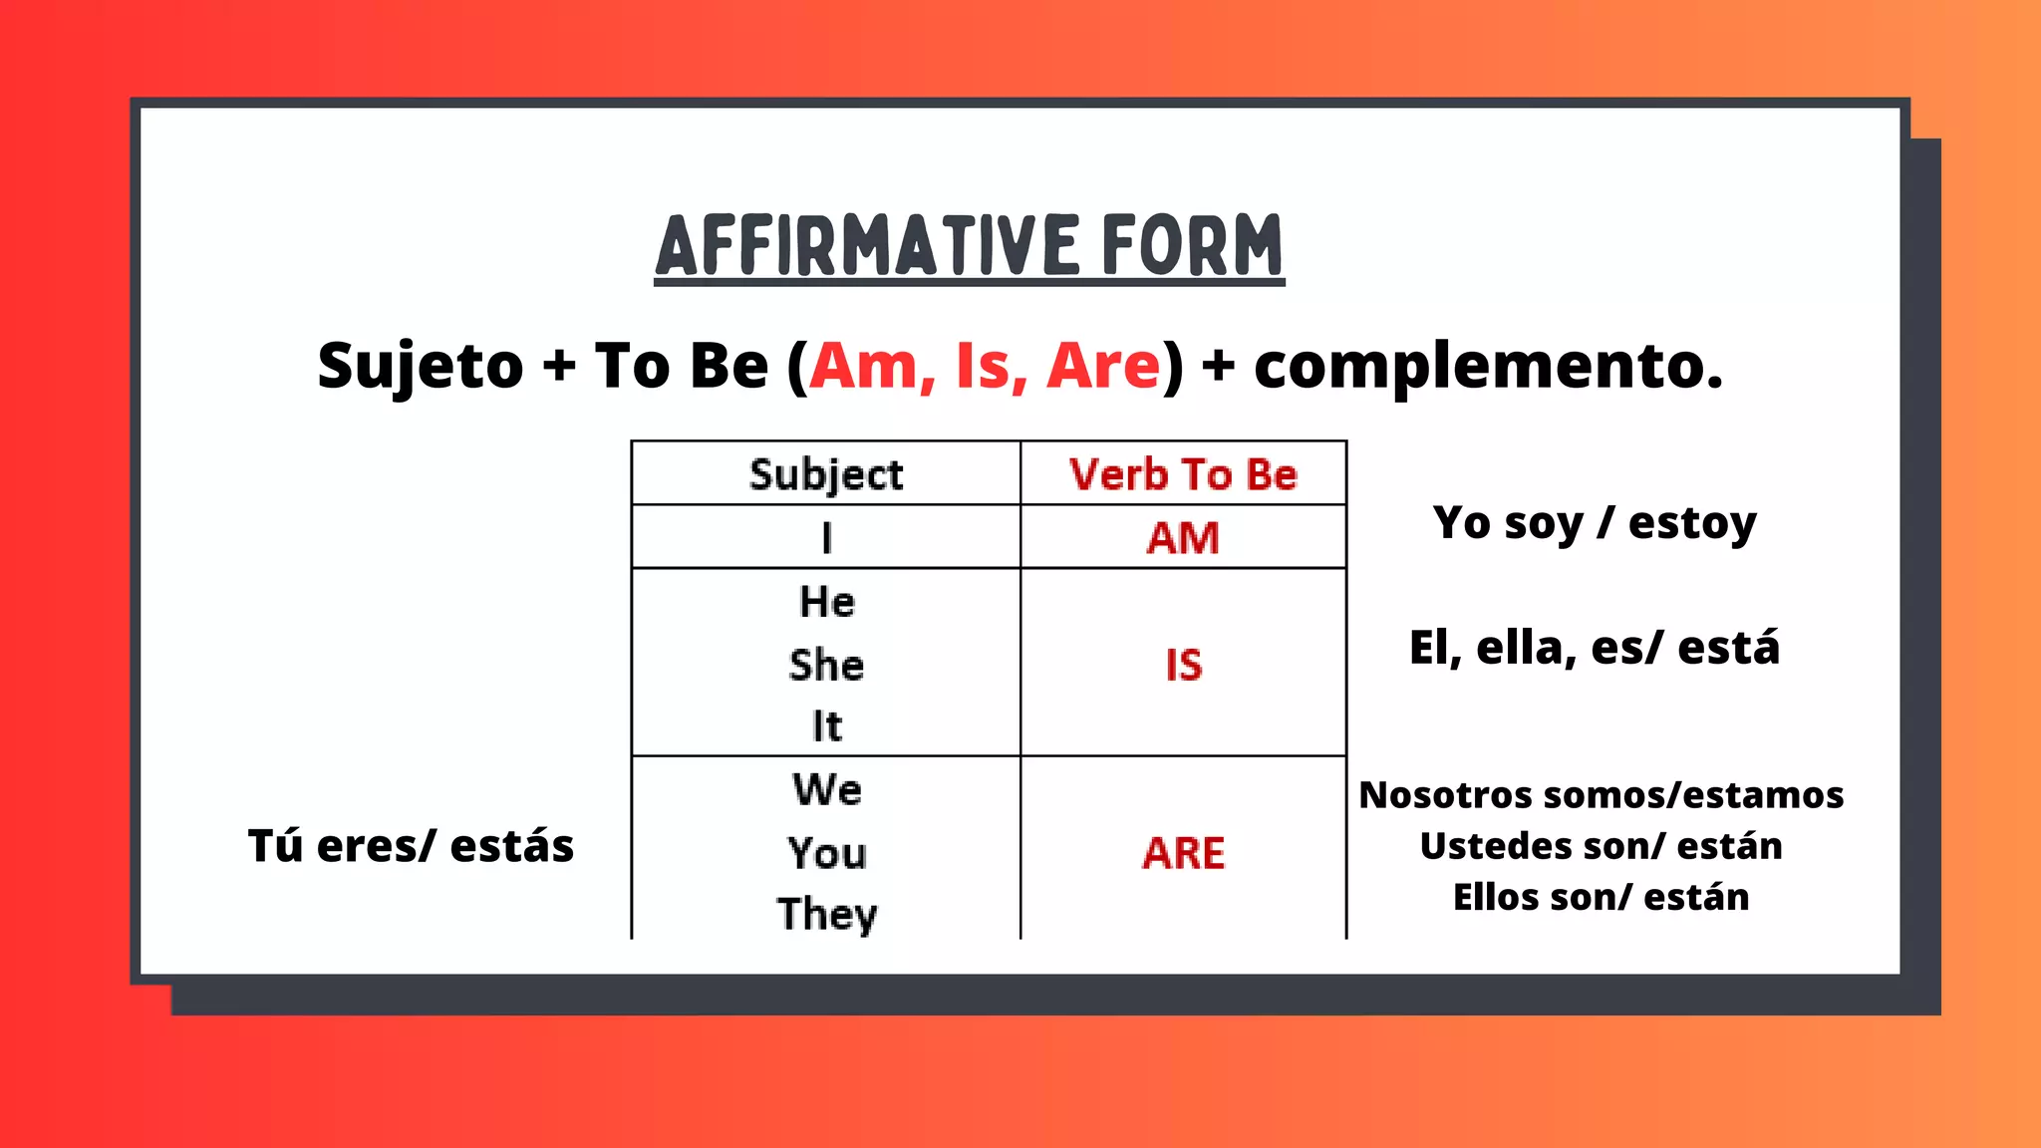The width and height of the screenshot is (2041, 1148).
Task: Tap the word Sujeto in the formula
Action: (420, 366)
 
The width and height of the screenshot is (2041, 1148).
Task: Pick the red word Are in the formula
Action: (1103, 366)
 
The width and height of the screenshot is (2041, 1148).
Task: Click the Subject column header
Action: (826, 474)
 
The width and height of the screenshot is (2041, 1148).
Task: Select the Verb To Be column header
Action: (1183, 474)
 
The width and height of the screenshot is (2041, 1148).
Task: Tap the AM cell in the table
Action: (1183, 538)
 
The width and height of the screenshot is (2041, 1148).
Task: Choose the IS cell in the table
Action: (1184, 665)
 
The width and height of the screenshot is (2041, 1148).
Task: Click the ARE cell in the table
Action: (1184, 853)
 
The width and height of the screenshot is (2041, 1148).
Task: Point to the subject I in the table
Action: (826, 538)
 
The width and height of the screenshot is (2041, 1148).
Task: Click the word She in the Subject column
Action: (826, 665)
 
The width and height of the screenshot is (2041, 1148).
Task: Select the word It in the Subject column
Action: (826, 725)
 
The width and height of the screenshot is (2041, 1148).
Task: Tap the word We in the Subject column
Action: (827, 789)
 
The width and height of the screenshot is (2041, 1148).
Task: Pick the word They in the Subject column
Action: (827, 914)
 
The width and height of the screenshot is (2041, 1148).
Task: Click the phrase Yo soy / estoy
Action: (1595, 523)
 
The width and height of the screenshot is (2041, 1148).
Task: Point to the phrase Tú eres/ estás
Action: (411, 846)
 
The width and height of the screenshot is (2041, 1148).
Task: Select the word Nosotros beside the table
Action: (1432, 795)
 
